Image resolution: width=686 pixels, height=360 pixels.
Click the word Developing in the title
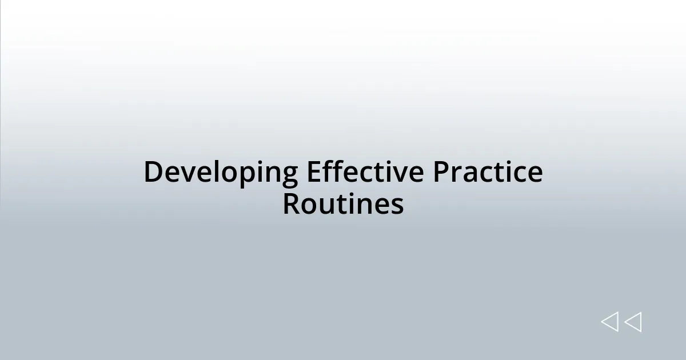221,173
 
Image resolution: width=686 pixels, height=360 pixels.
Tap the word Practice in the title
487,171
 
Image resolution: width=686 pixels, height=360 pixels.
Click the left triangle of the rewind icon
610,322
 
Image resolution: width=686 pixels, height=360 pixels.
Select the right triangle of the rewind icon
633,322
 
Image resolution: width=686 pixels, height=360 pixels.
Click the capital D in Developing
153,171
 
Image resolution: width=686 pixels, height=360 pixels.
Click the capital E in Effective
314,171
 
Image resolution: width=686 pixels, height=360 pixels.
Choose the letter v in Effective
401,174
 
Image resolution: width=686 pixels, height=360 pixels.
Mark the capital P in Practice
440,171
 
